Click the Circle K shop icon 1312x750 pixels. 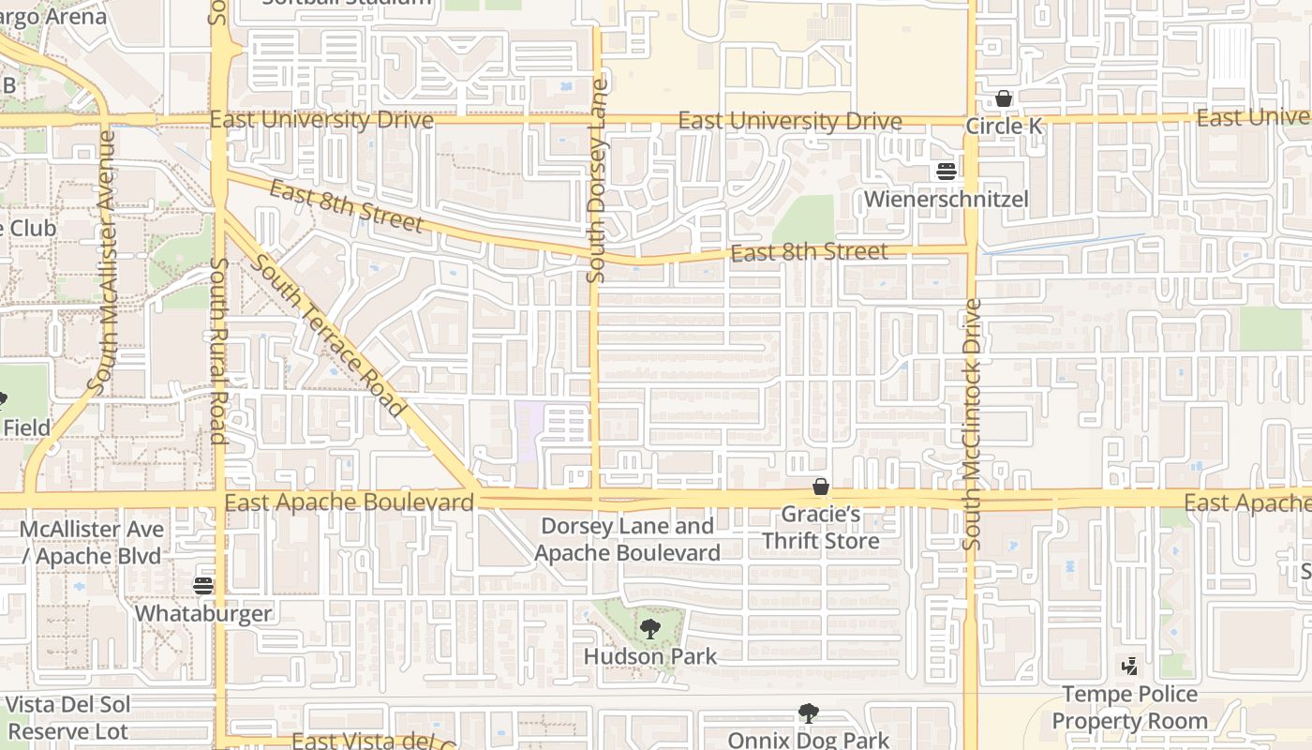click(x=1004, y=98)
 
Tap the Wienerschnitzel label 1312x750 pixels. click(x=947, y=199)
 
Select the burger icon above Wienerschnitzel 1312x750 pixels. click(x=947, y=172)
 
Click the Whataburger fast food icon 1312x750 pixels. click(x=203, y=586)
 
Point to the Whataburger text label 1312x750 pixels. click(x=203, y=614)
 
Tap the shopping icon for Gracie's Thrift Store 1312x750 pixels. click(x=821, y=487)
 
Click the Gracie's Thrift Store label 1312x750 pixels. click(x=821, y=528)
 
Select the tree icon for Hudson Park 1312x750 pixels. click(x=649, y=629)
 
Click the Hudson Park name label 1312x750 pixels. click(x=650, y=656)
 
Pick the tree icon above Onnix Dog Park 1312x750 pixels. click(x=808, y=713)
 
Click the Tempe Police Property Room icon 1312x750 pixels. click(x=1130, y=667)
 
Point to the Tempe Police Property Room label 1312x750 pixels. click(x=1129, y=708)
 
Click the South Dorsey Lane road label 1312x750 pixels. click(x=597, y=180)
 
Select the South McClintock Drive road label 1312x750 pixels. click(x=972, y=424)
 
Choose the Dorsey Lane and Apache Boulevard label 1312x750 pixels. click(x=627, y=539)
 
